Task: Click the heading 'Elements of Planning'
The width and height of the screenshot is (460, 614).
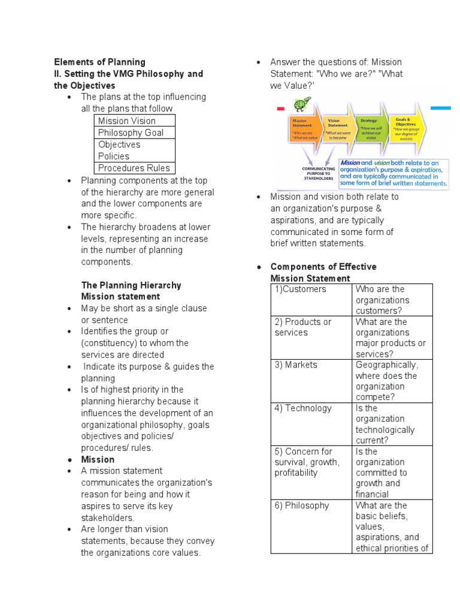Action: tap(99, 62)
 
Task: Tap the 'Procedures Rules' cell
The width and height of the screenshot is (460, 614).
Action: tap(134, 168)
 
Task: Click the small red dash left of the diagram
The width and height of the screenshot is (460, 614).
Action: tap(280, 110)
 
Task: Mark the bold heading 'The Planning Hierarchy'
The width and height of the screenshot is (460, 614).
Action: tap(131, 285)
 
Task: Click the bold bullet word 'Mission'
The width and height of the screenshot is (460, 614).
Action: tap(98, 459)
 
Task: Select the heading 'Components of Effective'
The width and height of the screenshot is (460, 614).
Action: tap(323, 267)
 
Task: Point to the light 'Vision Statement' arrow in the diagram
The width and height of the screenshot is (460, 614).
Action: tap(339, 129)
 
